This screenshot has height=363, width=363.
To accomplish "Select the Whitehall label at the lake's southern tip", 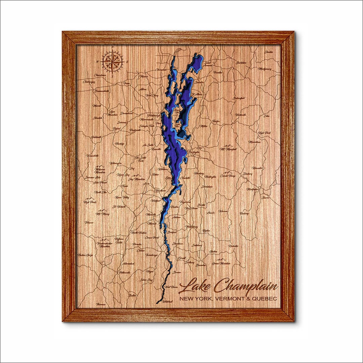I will [167, 302].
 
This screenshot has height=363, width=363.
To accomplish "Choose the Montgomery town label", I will [265, 69].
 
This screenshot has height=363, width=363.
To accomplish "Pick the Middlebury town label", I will [191, 227].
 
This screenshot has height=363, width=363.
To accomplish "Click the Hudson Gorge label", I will [85, 255].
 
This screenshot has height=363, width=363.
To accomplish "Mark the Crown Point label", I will [151, 238].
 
